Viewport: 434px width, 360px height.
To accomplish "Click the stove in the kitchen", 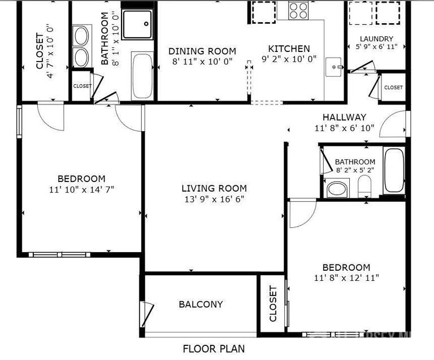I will [298, 10].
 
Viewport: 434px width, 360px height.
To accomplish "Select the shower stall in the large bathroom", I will [137, 24].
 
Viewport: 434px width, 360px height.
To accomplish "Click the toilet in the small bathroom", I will [364, 186].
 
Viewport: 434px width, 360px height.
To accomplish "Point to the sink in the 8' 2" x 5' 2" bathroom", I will [337, 189].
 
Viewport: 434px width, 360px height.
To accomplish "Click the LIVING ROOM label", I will [214, 188].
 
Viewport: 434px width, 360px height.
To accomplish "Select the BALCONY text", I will [201, 304].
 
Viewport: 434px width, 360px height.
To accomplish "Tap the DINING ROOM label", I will [202, 51].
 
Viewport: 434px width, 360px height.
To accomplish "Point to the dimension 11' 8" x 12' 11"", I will [346, 277].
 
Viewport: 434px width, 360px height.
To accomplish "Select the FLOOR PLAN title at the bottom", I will [214, 349].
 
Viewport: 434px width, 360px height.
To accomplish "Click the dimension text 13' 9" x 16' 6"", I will [214, 199].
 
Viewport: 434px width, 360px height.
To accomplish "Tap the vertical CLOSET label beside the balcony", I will [274, 303].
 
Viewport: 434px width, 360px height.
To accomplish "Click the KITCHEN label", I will [289, 49].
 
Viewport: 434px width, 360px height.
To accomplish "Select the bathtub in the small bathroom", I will [393, 170].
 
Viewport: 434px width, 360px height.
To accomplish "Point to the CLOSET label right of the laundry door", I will [393, 88].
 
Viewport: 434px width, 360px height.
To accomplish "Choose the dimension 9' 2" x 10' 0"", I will [289, 58].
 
